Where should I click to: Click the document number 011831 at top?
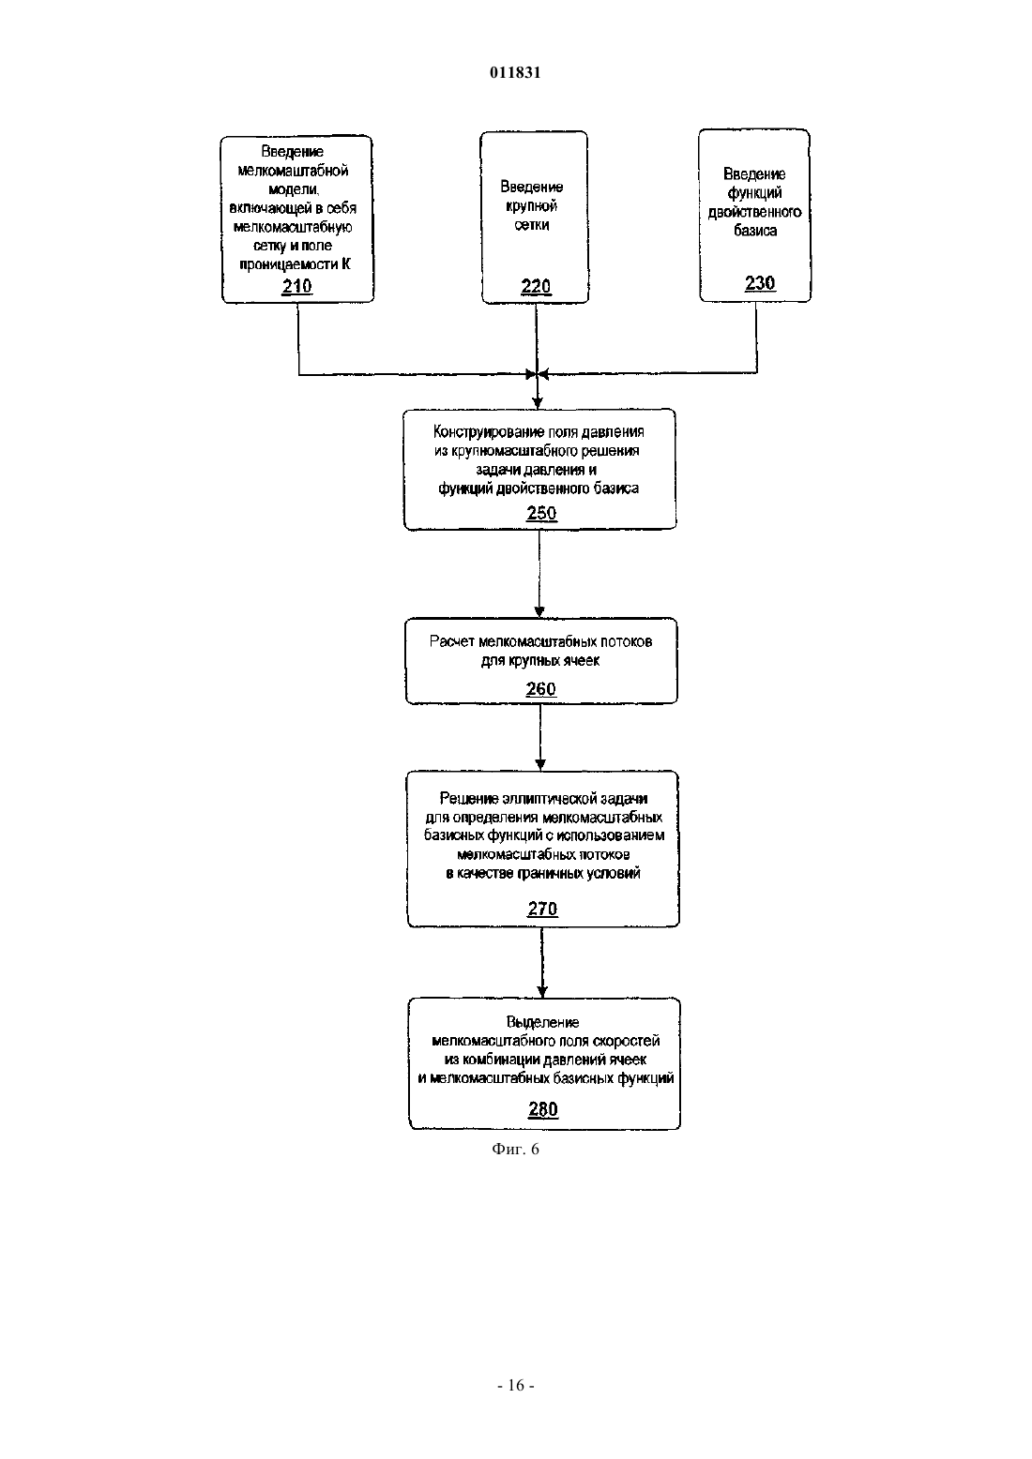click(x=515, y=72)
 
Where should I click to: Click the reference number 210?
click(x=297, y=287)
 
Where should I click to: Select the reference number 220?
click(x=537, y=287)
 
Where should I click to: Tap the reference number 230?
click(x=760, y=283)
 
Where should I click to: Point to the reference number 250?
click(x=541, y=513)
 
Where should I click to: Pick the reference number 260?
click(x=540, y=689)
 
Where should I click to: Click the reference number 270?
click(x=542, y=909)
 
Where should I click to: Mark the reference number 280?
click(x=543, y=1109)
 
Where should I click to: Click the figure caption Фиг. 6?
click(x=515, y=1149)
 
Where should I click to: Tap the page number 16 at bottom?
click(x=516, y=1386)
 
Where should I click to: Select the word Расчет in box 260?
click(x=451, y=641)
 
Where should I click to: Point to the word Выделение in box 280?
click(x=542, y=1023)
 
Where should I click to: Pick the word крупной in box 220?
click(x=532, y=206)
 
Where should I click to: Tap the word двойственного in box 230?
click(x=754, y=212)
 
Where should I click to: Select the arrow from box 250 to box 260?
click(x=539, y=573)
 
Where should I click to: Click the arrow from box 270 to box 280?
click(x=542, y=962)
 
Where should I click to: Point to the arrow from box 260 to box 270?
click(x=540, y=737)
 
